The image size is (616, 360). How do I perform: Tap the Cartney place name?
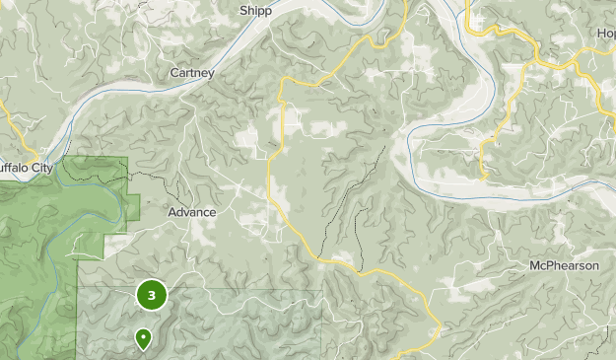[x=192, y=73]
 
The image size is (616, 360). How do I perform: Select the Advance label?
[x=191, y=212]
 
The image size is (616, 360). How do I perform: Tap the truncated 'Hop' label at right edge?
[x=605, y=33]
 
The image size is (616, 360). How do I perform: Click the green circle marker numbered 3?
[x=151, y=294]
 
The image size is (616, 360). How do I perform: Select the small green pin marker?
[x=144, y=339]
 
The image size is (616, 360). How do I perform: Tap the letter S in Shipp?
[x=242, y=11]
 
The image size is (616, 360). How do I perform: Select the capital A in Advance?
[x=171, y=212]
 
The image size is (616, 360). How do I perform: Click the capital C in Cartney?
[x=173, y=73]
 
